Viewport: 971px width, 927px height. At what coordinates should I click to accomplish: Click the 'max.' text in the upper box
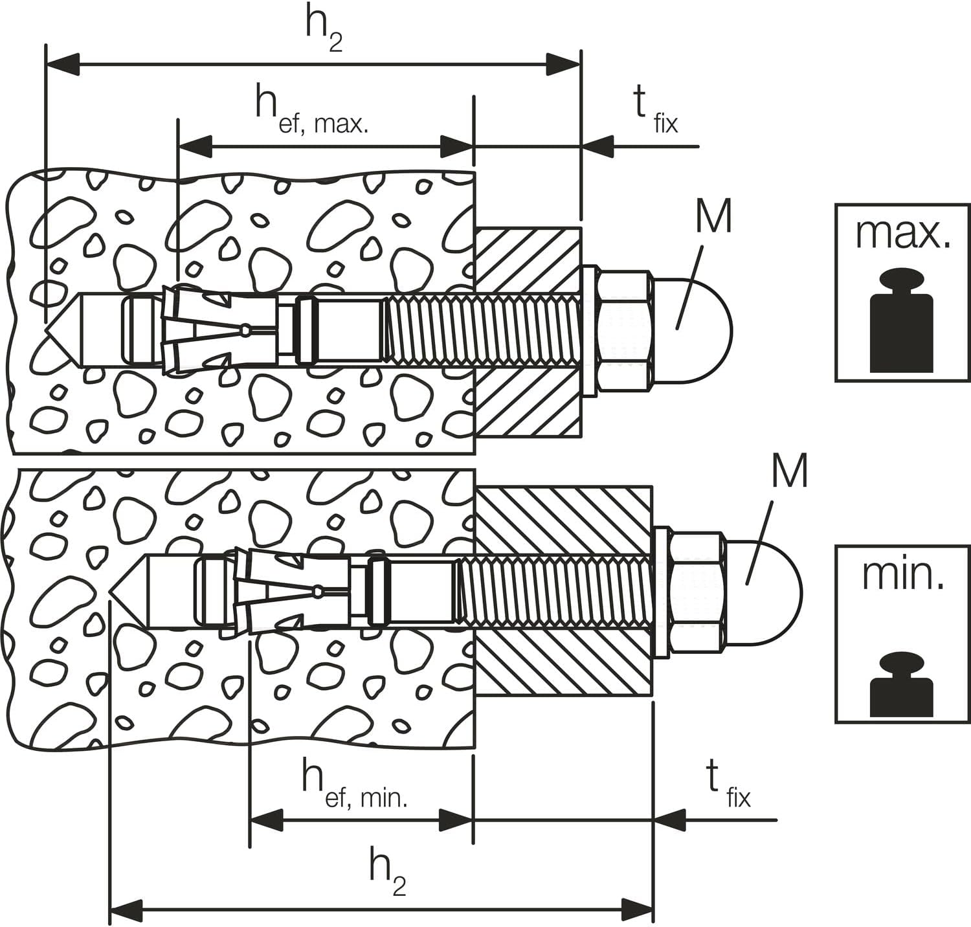point(903,234)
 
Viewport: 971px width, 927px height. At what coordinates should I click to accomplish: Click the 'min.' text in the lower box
point(902,574)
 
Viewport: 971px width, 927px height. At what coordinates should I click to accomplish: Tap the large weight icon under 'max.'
point(902,320)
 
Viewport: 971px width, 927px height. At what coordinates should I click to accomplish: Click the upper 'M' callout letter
point(714,216)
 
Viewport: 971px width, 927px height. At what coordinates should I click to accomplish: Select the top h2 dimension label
point(324,31)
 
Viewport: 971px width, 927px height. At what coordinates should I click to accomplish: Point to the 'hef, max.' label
point(311,110)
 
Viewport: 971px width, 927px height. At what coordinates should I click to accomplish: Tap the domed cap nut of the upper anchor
point(691,331)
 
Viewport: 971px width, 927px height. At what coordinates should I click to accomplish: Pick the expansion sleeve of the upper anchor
point(221,330)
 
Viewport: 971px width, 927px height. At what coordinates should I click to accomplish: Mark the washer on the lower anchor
point(662,592)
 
